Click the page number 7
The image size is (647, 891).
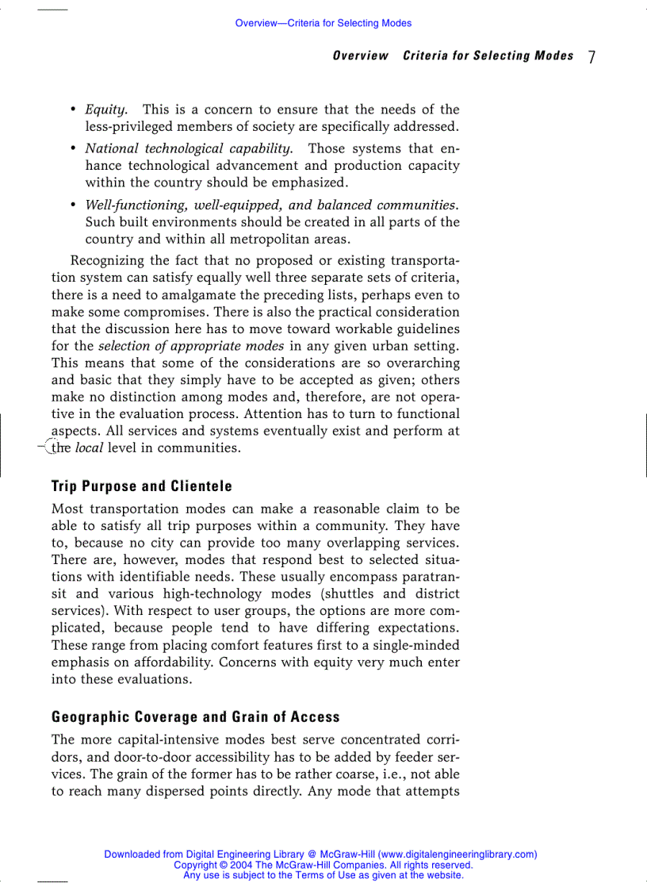pyautogui.click(x=591, y=57)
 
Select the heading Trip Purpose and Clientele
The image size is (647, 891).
pyautogui.click(x=141, y=486)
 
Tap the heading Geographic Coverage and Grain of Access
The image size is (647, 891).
pyautogui.click(x=195, y=717)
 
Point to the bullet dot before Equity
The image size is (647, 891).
pyautogui.click(x=73, y=109)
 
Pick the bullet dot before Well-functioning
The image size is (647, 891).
pyautogui.click(x=73, y=205)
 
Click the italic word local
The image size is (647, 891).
pyautogui.click(x=90, y=448)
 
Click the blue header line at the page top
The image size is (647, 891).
pyautogui.click(x=323, y=23)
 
